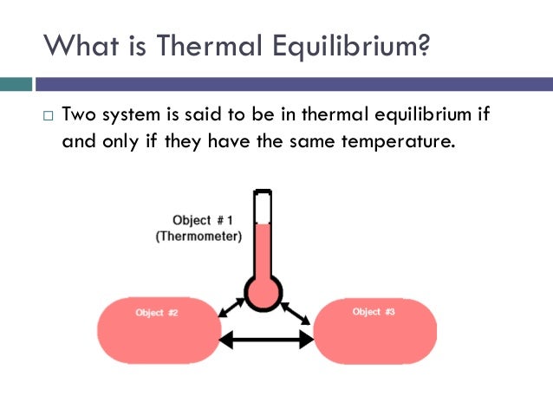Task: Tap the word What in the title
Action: [x=75, y=42]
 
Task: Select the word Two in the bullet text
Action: [x=78, y=115]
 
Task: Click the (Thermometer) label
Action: [x=198, y=236]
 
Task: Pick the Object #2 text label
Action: [x=157, y=312]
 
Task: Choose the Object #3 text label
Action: [x=374, y=311]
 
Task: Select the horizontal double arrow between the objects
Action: [x=265, y=340]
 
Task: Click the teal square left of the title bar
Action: [x=16, y=85]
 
